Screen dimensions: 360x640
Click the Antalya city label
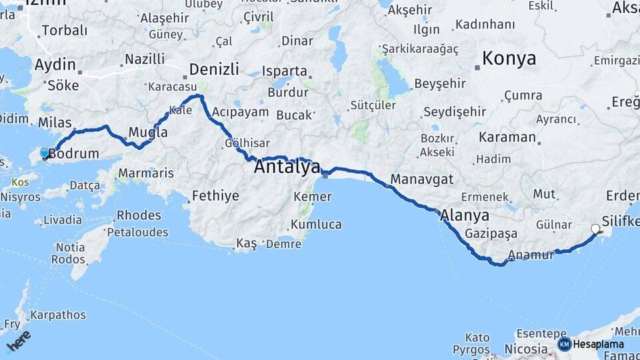(287, 167)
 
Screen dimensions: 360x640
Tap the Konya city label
(509, 58)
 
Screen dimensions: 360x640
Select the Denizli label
(213, 69)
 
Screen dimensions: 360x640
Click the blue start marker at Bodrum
(45, 153)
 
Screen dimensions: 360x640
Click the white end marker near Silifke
(595, 229)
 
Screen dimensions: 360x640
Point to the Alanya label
(465, 215)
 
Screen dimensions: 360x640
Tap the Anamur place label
(531, 255)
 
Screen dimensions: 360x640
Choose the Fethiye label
(215, 196)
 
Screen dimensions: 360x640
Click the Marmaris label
(145, 173)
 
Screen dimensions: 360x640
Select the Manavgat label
(422, 179)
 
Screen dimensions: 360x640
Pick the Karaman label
(507, 137)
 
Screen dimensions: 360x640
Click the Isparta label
(285, 71)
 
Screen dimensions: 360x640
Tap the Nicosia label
(526, 349)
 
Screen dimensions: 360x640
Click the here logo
(18, 341)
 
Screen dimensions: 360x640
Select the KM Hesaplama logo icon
(565, 344)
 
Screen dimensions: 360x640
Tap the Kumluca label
(316, 225)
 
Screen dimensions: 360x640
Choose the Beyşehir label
(439, 83)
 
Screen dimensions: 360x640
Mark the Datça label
(85, 185)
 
